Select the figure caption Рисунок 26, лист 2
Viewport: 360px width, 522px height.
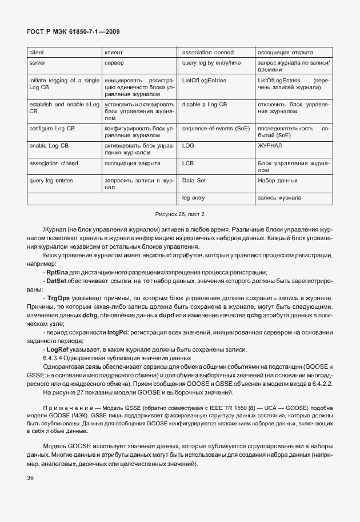click(x=180, y=214)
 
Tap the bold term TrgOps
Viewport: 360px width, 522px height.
click(x=58, y=298)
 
